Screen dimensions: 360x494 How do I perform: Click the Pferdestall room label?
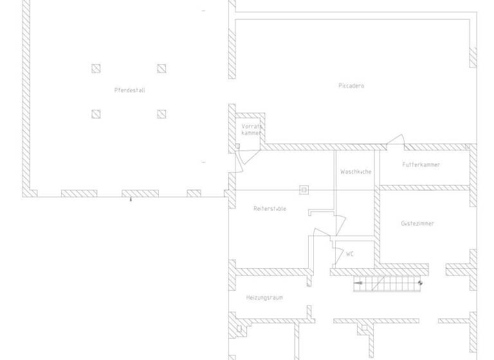130,91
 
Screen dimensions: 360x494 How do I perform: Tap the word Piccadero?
351,85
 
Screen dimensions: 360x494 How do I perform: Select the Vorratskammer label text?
252,129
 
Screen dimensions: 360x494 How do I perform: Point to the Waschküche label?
356,172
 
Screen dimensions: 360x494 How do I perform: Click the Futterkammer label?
421,165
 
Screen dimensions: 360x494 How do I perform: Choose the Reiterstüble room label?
270,209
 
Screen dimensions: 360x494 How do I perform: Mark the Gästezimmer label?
417,224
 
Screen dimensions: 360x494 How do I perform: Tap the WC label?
350,254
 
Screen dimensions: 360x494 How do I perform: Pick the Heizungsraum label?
264,298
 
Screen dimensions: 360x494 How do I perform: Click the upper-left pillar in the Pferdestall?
96,68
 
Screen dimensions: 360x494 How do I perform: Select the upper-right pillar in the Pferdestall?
161,68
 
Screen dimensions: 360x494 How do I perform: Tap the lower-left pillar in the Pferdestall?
96,114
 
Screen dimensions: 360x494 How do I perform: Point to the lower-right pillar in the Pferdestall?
161,114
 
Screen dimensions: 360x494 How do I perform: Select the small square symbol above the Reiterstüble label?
304,190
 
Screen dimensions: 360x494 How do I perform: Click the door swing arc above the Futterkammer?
395,139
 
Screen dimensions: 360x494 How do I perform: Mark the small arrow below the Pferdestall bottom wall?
131,201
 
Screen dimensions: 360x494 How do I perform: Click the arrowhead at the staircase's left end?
358,283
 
